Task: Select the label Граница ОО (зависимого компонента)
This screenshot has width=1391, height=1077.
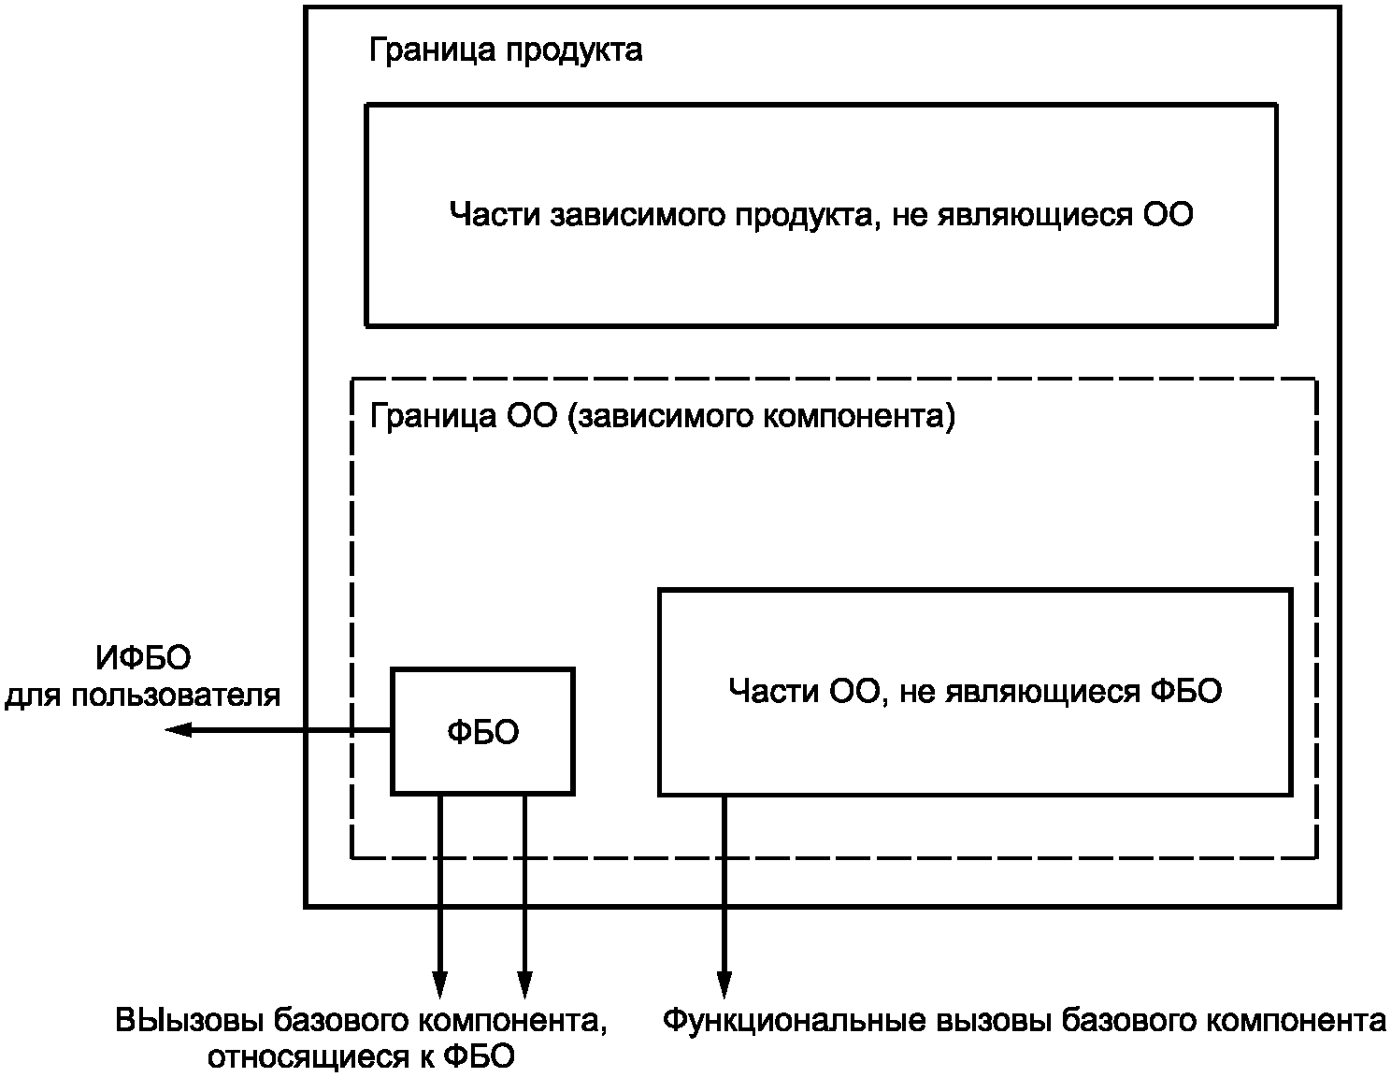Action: point(662,416)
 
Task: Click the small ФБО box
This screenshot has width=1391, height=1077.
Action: point(482,731)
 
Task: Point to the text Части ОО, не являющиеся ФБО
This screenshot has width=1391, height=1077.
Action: point(974,691)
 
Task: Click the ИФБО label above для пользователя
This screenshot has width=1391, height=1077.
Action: point(143,658)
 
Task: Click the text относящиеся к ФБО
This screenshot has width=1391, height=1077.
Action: point(361,1057)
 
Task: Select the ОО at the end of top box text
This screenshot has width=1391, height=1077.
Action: point(1168,215)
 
